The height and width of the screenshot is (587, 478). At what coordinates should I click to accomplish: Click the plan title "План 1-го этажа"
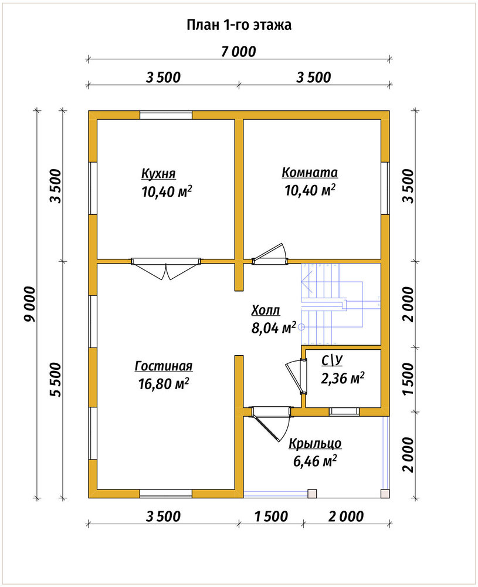coord(239,25)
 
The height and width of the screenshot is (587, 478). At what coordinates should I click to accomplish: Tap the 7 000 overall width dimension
coord(239,52)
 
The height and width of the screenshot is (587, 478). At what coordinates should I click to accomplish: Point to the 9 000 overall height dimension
coord(29,304)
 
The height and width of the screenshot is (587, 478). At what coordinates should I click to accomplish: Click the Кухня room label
coord(158,174)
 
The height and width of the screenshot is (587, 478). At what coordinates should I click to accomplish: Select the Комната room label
coord(310,173)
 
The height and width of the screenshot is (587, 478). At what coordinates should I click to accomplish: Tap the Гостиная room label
coord(164,366)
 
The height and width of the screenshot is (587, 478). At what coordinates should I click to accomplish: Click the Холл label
coord(266,311)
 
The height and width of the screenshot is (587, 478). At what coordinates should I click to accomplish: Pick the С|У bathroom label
coord(332,360)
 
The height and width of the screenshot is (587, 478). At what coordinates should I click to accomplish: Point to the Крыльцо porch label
coord(315,443)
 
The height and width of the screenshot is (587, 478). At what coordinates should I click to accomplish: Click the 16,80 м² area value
coord(164,384)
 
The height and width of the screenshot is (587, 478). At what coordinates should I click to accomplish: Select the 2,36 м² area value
coord(343,378)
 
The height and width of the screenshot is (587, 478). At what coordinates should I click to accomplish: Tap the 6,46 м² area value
coord(315,461)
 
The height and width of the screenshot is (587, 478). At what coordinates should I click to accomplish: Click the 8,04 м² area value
coord(274,328)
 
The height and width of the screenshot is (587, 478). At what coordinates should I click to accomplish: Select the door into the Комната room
coord(270,255)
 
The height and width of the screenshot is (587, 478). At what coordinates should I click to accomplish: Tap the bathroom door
coord(297,377)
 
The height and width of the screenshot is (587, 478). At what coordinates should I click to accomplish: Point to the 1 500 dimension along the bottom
coord(271,517)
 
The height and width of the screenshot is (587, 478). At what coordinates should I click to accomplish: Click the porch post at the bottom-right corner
coord(385,494)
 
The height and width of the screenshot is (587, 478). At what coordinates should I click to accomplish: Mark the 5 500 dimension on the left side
coord(56,379)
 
